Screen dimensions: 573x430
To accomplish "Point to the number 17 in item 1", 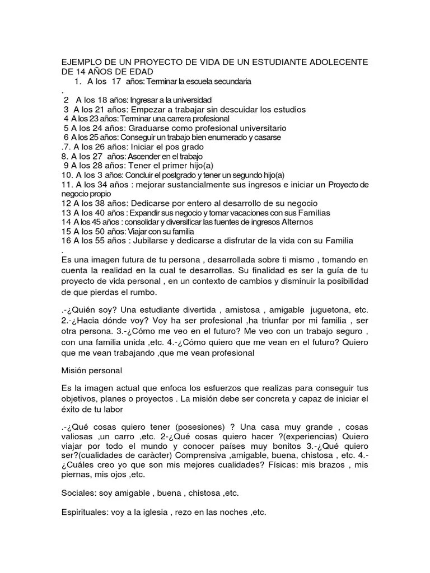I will [x=116, y=82].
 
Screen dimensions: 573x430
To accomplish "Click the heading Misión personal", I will [x=91, y=370].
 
